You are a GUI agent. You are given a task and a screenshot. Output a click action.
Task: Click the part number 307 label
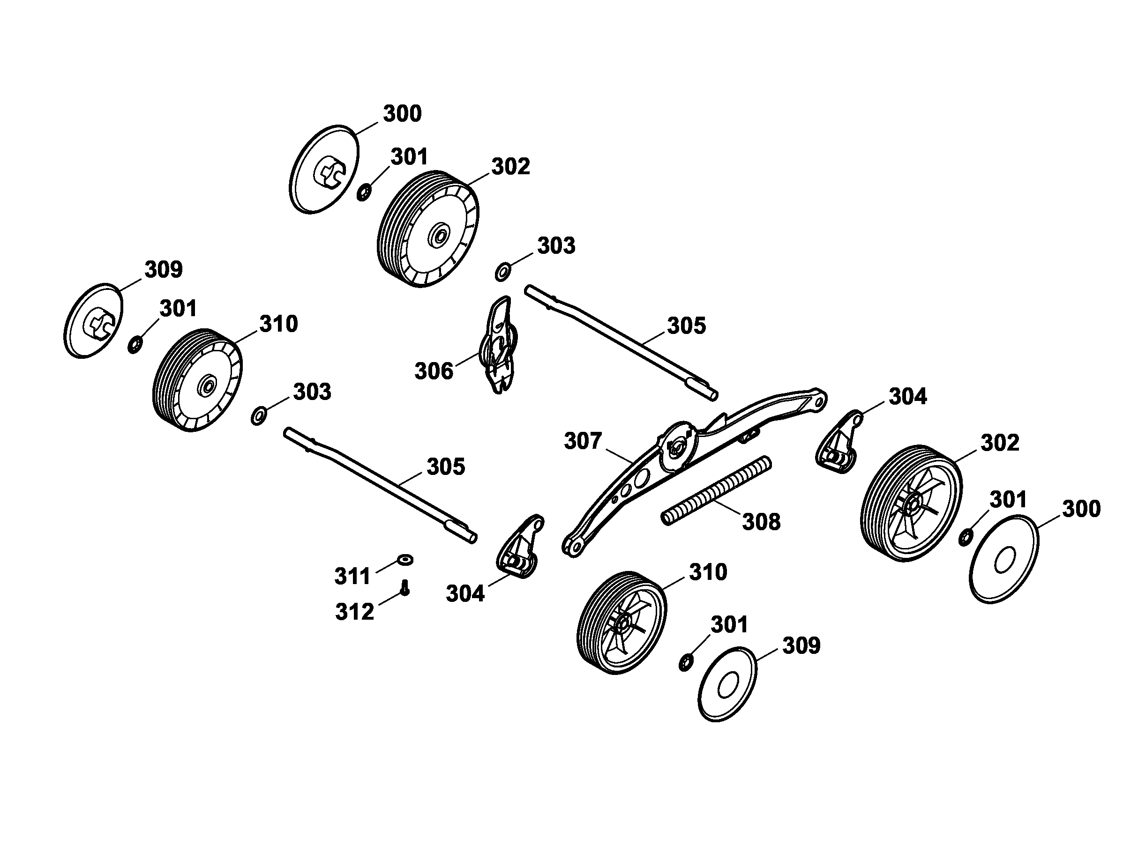pyautogui.click(x=583, y=441)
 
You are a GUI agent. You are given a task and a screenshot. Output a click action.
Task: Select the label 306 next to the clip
pyautogui.click(x=434, y=370)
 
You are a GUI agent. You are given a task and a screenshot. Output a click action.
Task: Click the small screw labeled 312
pyautogui.click(x=405, y=587)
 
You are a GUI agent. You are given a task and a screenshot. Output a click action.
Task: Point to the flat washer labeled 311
pyautogui.click(x=405, y=559)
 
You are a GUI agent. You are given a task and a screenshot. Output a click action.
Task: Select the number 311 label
pyautogui.click(x=352, y=576)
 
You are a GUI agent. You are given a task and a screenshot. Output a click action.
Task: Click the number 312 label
pyautogui.click(x=354, y=612)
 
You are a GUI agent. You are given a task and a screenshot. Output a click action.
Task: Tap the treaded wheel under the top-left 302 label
pyautogui.click(x=428, y=229)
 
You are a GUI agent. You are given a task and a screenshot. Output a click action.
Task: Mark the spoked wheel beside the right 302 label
pyautogui.click(x=911, y=504)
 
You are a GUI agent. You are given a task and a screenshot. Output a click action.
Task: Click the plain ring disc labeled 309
pyautogui.click(x=727, y=684)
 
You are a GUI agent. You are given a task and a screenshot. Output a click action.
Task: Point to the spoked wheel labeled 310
pyautogui.click(x=621, y=622)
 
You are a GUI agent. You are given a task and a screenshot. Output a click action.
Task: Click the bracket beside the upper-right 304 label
pyautogui.click(x=838, y=443)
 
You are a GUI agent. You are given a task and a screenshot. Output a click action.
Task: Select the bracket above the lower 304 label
pyautogui.click(x=520, y=547)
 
